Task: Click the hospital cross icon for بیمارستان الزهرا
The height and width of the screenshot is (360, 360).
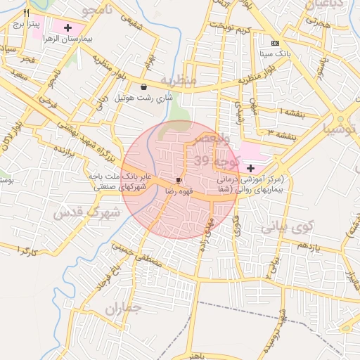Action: [x=67, y=28]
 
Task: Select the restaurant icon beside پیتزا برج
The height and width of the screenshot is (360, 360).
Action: [x=26, y=13]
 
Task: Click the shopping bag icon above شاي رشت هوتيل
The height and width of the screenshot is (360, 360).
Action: [x=144, y=87]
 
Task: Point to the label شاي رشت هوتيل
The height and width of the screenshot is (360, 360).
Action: [x=143, y=98]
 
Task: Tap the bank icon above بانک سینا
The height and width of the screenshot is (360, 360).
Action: [x=275, y=42]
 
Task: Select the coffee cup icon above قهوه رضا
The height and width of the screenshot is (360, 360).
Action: [x=179, y=180]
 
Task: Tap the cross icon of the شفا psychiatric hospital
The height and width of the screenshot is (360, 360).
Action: [x=250, y=168]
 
